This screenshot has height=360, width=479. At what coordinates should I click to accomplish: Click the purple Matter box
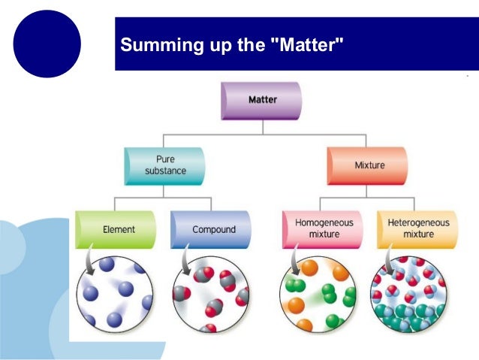[261, 100]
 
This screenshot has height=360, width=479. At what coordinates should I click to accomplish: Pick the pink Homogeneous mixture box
[318, 228]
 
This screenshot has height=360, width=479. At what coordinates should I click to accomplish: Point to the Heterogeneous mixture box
[417, 228]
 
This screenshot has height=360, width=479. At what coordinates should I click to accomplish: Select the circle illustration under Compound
[211, 294]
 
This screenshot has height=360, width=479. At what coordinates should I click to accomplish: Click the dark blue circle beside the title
[47, 44]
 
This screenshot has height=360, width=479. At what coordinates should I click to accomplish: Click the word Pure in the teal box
[165, 159]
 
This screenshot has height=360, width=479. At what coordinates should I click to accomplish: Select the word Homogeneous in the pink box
[318, 223]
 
